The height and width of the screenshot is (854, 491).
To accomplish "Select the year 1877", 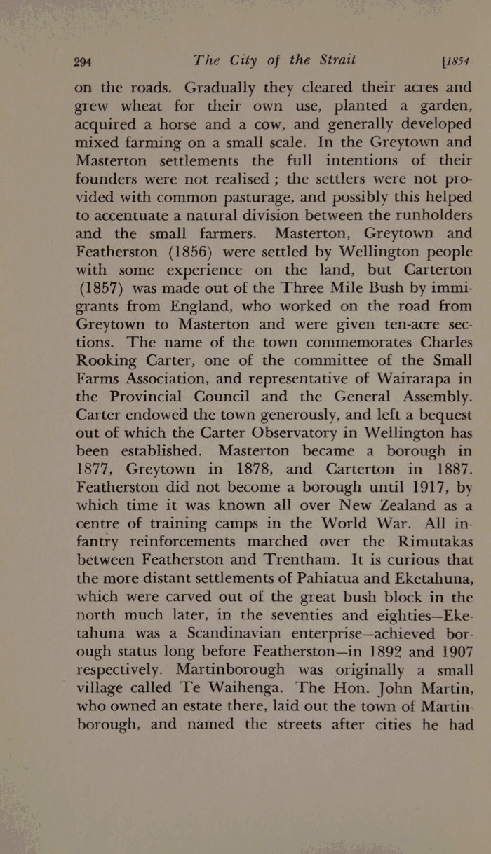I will tap(97, 471).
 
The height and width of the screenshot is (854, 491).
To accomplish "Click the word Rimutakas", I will tap(425, 543).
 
